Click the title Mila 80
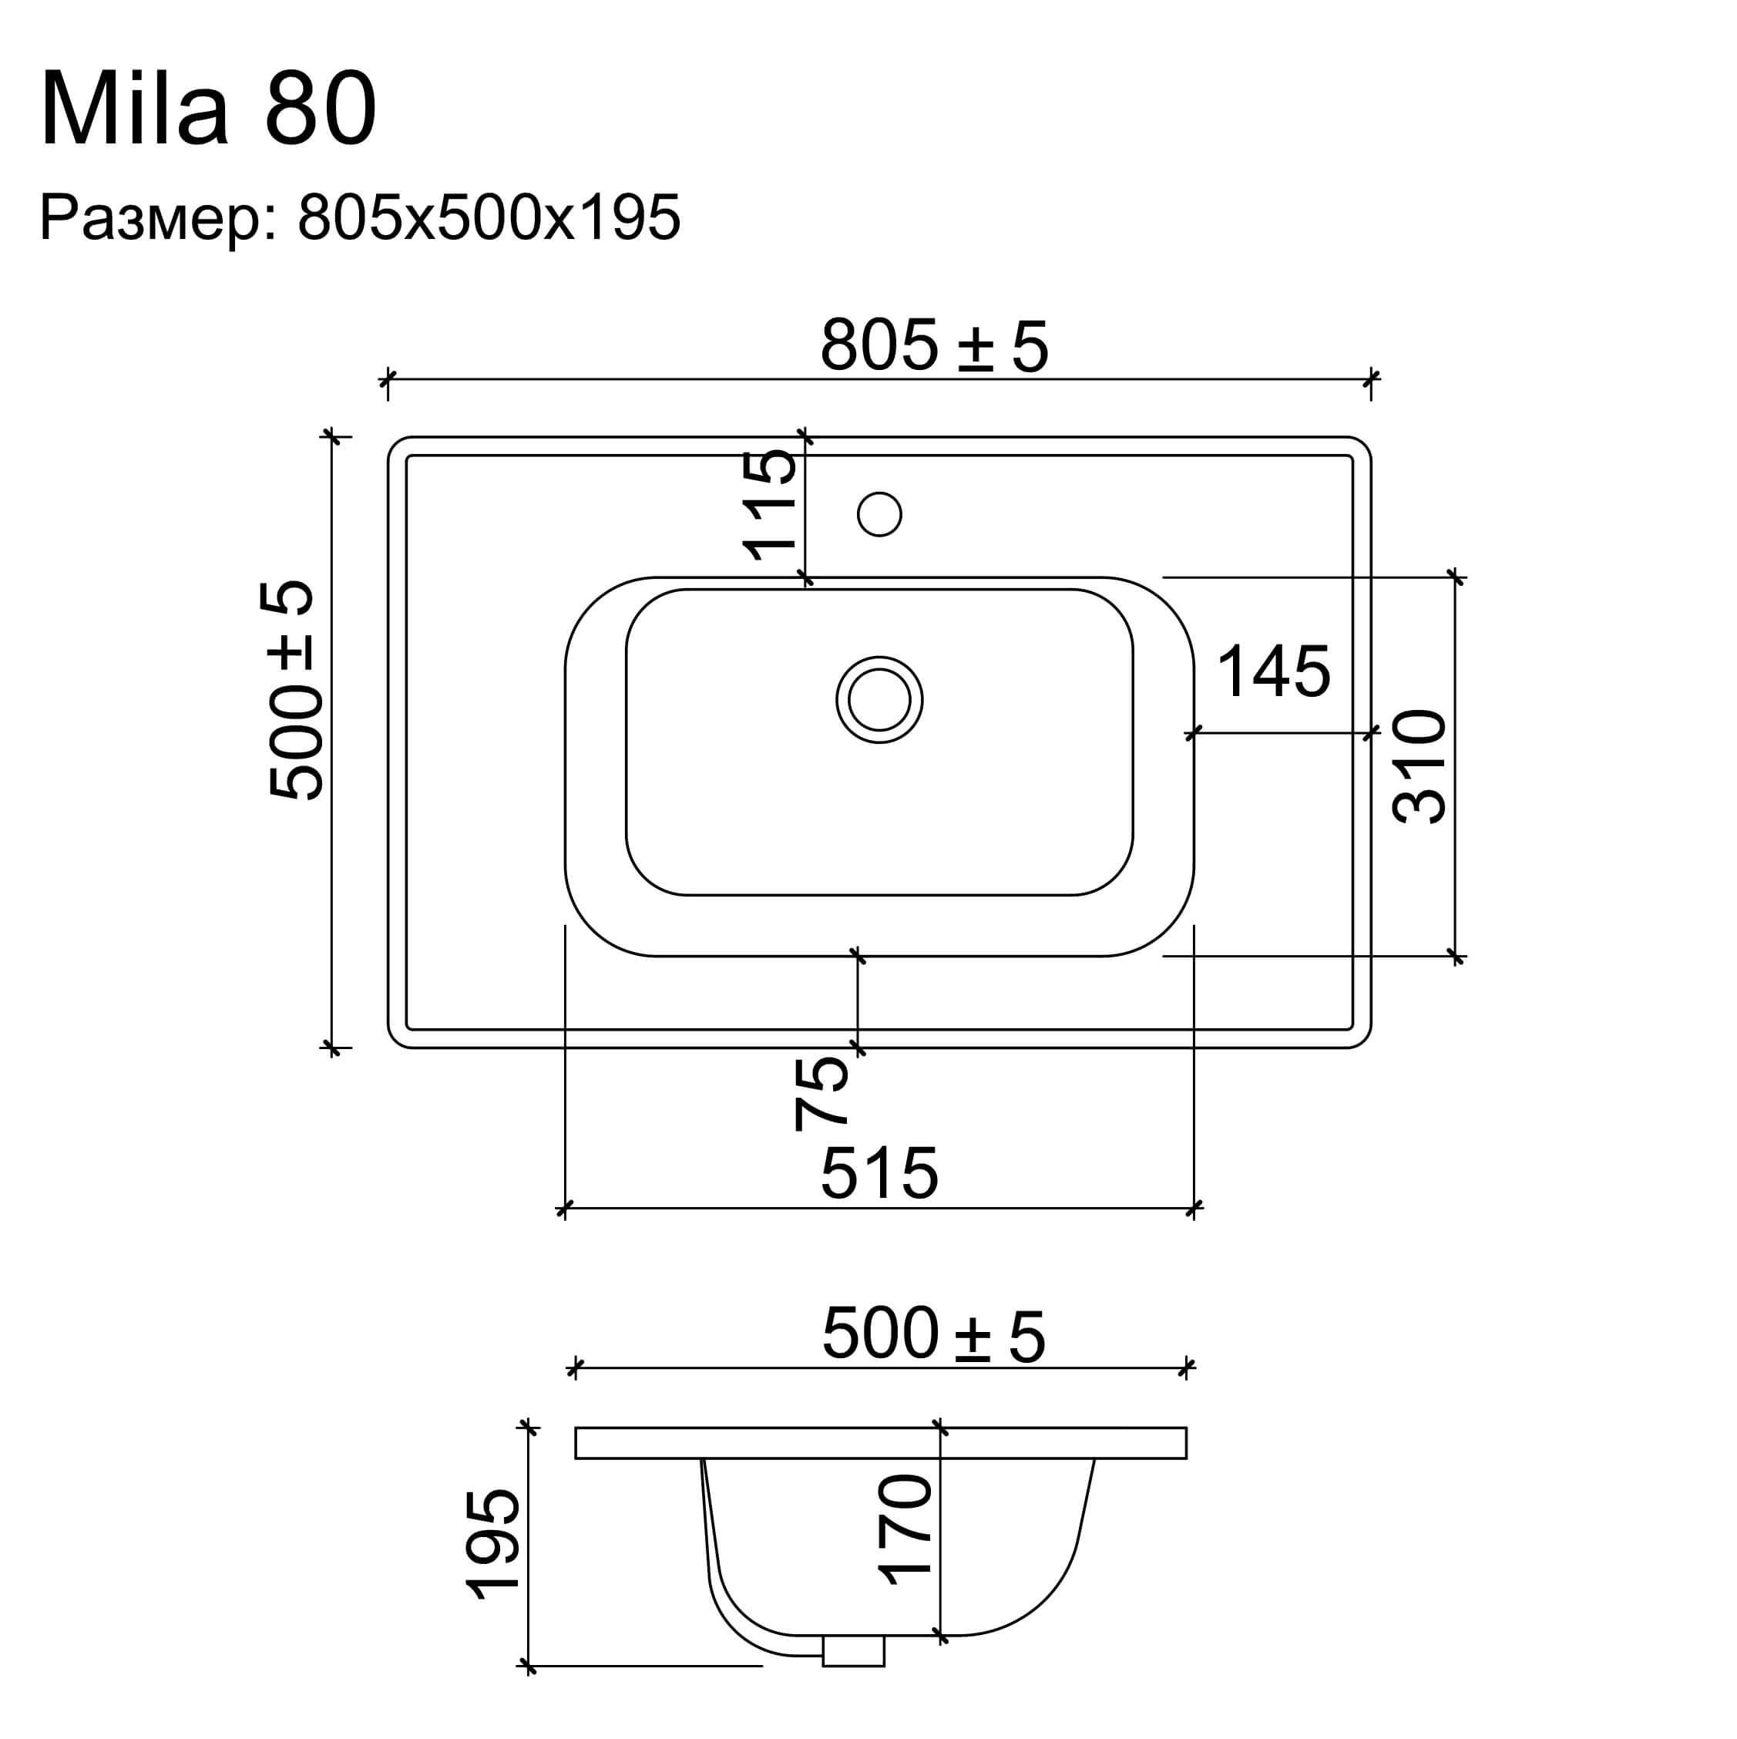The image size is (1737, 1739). click(x=209, y=109)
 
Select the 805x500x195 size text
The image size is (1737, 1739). click(x=489, y=218)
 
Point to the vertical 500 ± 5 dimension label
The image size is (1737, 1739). click(x=291, y=689)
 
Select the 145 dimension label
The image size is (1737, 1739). click(x=1274, y=671)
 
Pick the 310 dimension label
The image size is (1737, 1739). click(x=1420, y=767)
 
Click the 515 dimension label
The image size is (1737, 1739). click(x=879, y=1174)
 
